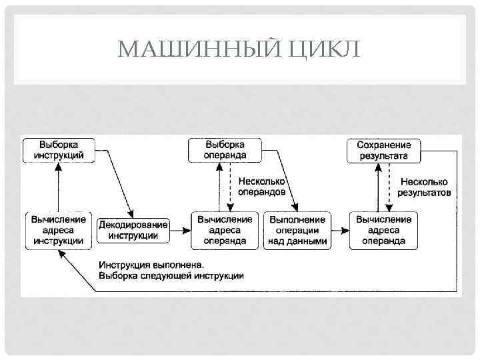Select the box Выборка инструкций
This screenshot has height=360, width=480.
click(59, 150)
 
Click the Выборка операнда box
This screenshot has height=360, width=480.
click(225, 150)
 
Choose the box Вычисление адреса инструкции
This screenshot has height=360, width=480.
click(59, 230)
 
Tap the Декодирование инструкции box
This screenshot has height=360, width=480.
click(133, 230)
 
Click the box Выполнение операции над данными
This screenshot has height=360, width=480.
click(297, 230)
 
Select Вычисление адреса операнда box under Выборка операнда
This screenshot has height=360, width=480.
click(225, 230)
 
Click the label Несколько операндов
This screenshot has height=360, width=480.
click(261, 187)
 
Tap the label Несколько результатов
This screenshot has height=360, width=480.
click(424, 187)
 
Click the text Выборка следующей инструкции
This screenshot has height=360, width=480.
click(171, 275)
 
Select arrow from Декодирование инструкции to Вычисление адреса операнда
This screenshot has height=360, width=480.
click(180, 231)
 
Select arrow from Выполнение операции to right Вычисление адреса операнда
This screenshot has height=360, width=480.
click(340, 231)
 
